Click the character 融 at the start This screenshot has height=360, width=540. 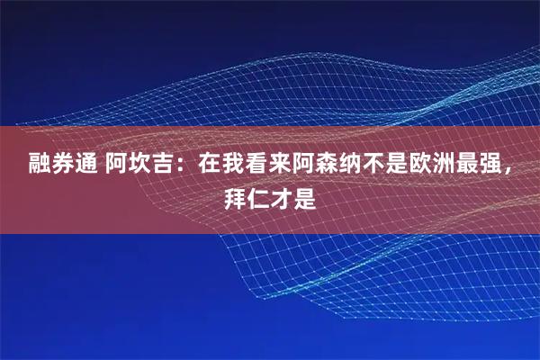40,166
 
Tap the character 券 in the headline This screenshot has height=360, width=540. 63,166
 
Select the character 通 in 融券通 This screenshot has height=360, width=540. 86,166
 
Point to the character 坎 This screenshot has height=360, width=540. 140,166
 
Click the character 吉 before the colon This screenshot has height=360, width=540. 164,166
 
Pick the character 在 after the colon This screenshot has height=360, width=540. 210,166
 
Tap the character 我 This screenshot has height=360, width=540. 233,166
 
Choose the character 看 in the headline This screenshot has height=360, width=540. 256,166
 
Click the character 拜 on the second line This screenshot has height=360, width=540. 235,197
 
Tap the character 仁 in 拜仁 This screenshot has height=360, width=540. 258,197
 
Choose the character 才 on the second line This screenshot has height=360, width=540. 282,197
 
